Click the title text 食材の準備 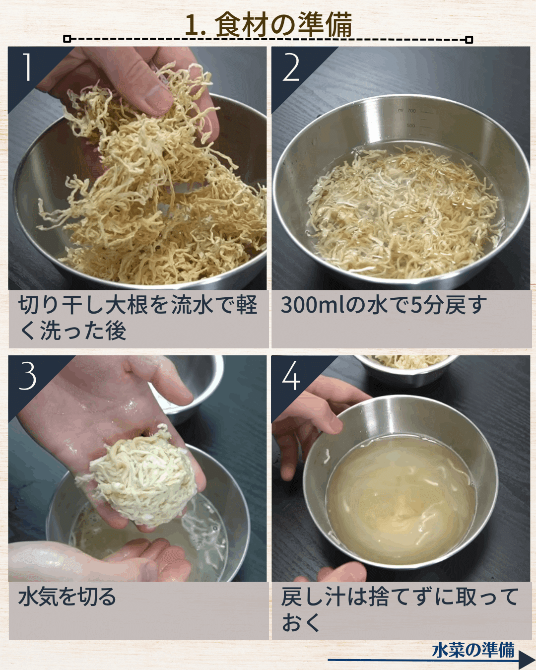coord(283,24)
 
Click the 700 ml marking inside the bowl coord(411,111)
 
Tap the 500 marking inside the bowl coord(411,126)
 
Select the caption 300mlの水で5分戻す coord(384,305)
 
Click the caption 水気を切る coord(67,597)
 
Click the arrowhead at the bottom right coord(527,659)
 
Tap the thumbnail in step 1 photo coord(157,94)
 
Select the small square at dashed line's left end coord(67,39)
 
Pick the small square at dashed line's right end coord(469,40)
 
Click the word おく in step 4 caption coord(301,624)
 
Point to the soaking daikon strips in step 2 coord(402,212)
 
